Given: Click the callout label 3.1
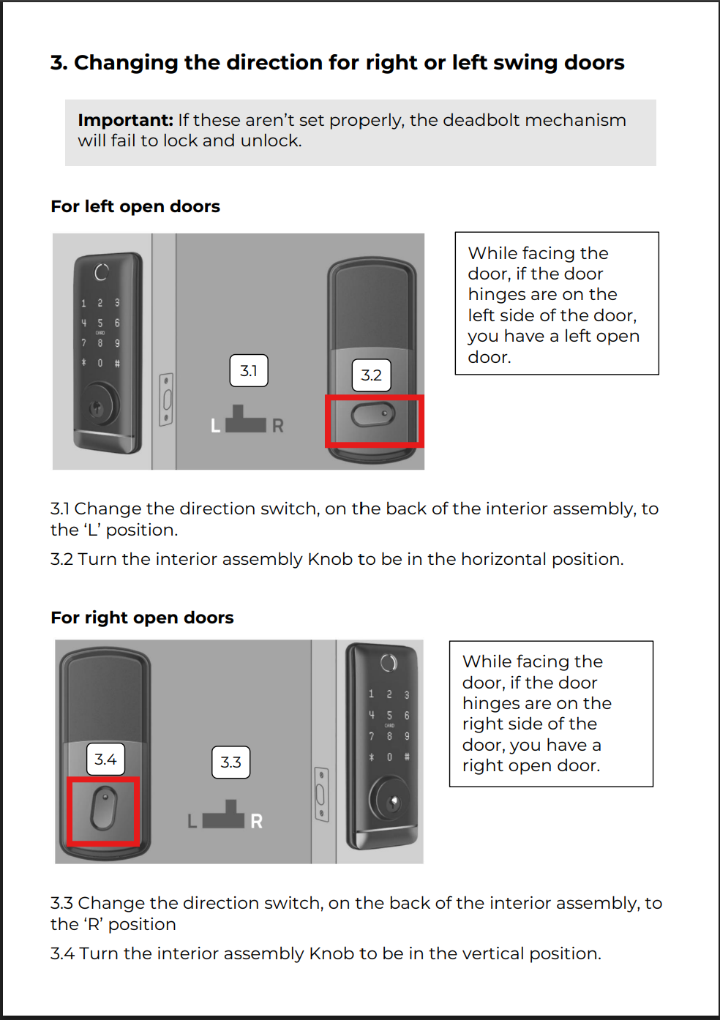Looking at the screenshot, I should click(249, 371).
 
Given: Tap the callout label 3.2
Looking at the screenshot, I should click(371, 375).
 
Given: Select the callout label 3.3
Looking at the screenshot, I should click(230, 762).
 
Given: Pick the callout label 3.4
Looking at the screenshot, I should click(105, 760).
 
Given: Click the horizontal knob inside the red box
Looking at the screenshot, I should click(372, 415).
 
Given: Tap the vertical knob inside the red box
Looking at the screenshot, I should click(104, 809).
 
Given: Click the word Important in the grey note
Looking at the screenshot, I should click(125, 120).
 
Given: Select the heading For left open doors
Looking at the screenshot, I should click(135, 206).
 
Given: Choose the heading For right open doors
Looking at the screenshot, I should click(142, 618).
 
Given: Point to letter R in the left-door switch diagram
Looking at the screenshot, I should click(278, 426).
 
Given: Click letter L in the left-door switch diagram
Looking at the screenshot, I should click(215, 426).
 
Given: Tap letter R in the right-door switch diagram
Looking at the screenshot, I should click(256, 822).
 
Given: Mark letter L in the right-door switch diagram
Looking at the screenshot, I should click(192, 822).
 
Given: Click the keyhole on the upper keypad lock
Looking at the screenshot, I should click(96, 407).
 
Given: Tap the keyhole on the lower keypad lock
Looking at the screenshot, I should click(393, 802).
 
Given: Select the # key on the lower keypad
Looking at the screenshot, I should click(407, 757).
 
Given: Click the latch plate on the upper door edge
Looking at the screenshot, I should click(167, 400).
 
